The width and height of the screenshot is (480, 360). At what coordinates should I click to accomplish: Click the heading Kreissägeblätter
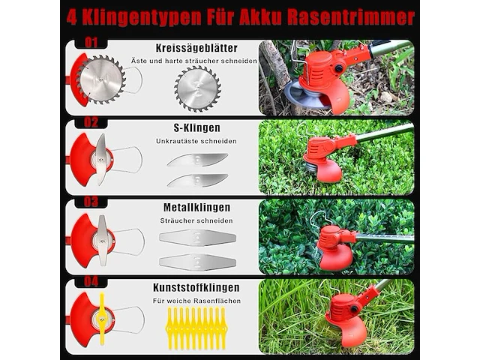pyautogui.click(x=197, y=48)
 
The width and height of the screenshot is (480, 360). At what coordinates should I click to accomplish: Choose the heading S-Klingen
pyautogui.click(x=197, y=128)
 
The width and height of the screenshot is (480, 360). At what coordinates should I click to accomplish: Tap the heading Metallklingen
pyautogui.click(x=197, y=208)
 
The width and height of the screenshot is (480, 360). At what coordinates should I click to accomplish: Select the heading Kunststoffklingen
pyautogui.click(x=197, y=287)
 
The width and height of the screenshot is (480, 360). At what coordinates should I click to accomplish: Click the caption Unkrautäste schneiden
pyautogui.click(x=197, y=141)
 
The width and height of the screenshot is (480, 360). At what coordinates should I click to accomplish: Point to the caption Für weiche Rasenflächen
pyautogui.click(x=197, y=301)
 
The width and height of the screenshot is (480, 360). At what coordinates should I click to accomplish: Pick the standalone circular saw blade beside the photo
pyautogui.click(x=197, y=88)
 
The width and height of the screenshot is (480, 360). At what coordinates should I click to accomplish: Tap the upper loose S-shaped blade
pyautogui.click(x=197, y=159)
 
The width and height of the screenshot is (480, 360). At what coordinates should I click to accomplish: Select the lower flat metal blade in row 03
pyautogui.click(x=197, y=261)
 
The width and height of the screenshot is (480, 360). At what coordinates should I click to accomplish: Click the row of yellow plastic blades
pyautogui.click(x=196, y=328)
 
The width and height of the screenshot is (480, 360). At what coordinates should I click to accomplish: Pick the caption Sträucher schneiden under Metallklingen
pyautogui.click(x=197, y=221)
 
